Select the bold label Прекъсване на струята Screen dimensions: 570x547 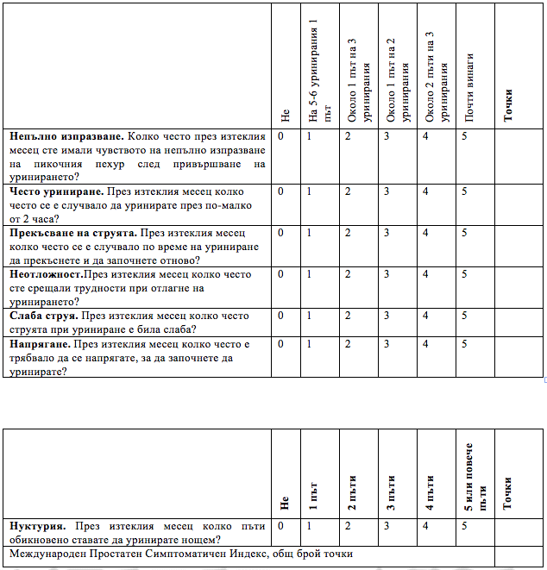click(x=72, y=233)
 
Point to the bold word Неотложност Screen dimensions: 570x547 click(x=47, y=274)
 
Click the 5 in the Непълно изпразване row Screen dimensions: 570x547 click(x=465, y=136)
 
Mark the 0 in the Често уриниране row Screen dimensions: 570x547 click(x=280, y=191)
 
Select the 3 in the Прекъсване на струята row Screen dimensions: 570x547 click(x=387, y=233)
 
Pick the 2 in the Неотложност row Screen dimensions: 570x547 click(x=348, y=274)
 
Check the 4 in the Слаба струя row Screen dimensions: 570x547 click(x=425, y=316)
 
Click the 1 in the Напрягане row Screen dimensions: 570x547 click(x=309, y=344)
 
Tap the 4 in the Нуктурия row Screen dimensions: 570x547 click(x=425, y=525)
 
